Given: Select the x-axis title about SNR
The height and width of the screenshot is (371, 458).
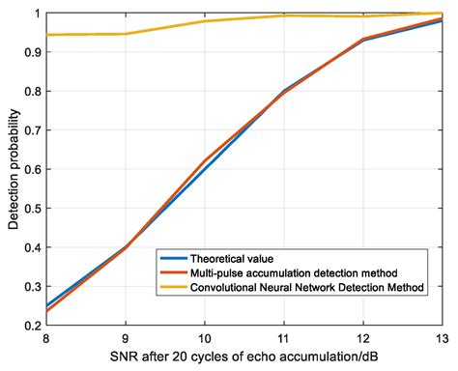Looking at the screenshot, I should coord(243,357).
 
